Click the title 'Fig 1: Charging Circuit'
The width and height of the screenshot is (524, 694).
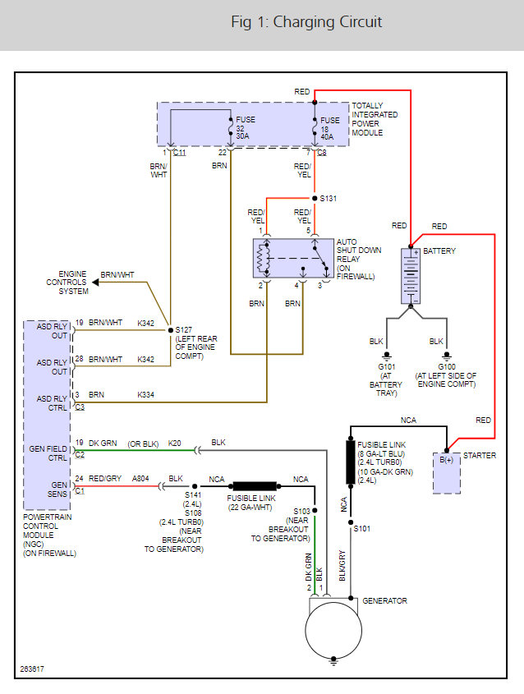coord(306,22)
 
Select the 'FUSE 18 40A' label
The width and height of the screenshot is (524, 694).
coord(329,127)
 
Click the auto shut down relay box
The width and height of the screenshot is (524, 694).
coord(292,260)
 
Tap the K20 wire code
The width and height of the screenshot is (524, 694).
coord(175,444)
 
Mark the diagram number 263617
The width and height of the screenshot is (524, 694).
coord(34,669)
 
